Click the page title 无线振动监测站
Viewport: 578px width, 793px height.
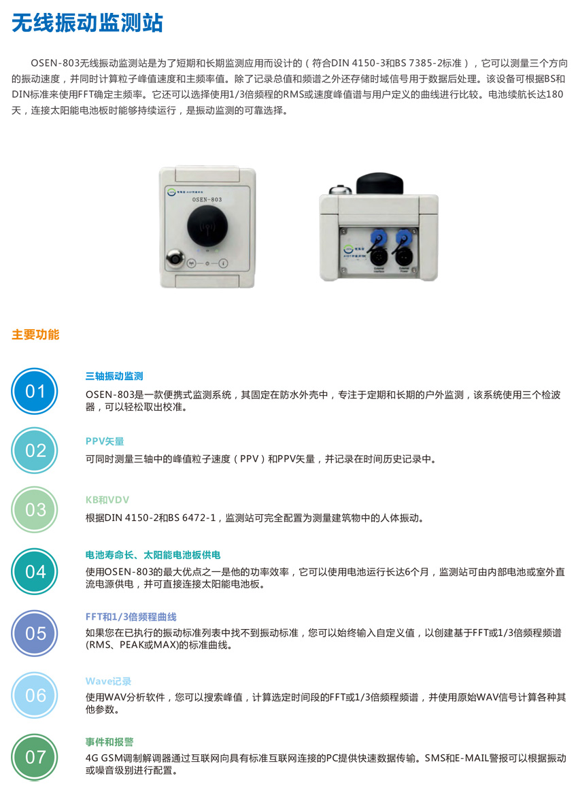(x=87, y=22)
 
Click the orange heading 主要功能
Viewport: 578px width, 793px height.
(x=35, y=335)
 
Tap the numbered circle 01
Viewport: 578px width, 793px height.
(x=35, y=391)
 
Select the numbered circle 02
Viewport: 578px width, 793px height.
(x=35, y=450)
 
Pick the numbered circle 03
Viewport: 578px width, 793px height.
(x=35, y=509)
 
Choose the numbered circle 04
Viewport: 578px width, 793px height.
(x=35, y=571)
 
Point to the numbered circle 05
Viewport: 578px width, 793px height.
(x=35, y=633)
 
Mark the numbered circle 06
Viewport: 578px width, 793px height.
(x=35, y=695)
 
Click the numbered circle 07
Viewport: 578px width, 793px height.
(x=35, y=757)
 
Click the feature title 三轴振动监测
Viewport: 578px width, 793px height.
(x=114, y=376)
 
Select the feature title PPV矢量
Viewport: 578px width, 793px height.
(x=105, y=441)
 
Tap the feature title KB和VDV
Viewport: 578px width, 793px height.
(x=107, y=500)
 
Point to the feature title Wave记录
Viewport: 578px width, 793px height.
(x=108, y=681)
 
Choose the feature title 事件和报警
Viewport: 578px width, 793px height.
(x=109, y=742)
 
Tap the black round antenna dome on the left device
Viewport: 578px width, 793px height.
(x=207, y=226)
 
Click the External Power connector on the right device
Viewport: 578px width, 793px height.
(x=403, y=257)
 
